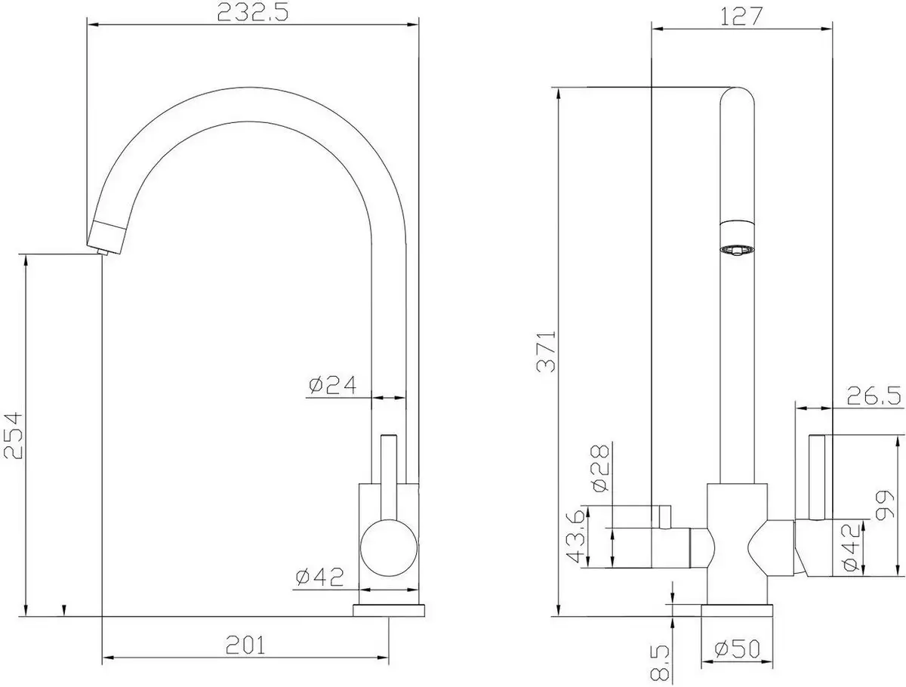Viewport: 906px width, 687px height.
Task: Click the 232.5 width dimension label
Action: [252, 13]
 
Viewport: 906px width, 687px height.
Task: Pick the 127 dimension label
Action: [741, 16]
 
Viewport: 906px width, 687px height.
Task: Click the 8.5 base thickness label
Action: [659, 661]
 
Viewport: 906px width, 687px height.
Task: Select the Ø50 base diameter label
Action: [738, 648]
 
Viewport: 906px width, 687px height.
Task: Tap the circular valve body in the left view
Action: [388, 551]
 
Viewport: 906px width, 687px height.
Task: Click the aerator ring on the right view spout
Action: [737, 249]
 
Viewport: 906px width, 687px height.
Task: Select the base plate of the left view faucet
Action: [390, 609]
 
